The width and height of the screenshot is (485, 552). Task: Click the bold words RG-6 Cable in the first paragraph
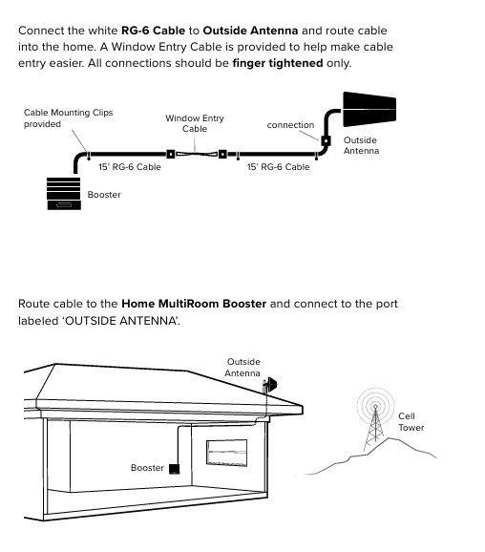[153, 31]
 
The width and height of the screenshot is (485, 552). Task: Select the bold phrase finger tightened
[278, 63]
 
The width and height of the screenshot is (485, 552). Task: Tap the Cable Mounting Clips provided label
[69, 117]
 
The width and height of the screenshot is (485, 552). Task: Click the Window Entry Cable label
[195, 123]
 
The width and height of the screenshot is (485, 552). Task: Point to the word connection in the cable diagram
[290, 125]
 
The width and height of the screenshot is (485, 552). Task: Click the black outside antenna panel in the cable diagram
[369, 109]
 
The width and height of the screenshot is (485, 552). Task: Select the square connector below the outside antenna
[326, 140]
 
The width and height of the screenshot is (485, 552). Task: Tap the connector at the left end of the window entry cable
[170, 154]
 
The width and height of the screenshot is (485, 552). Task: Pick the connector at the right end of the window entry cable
[222, 154]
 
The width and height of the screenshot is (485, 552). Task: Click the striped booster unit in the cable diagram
[64, 193]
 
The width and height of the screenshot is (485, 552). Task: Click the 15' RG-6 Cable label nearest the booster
[130, 167]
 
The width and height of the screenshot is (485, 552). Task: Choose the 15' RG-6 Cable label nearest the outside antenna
[278, 167]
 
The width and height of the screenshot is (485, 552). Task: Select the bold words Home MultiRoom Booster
[194, 304]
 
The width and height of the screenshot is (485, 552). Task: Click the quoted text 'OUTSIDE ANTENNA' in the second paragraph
[120, 321]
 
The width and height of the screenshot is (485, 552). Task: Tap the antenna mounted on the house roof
[269, 385]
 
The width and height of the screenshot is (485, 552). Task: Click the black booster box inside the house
[174, 469]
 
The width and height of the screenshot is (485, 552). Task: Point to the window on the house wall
[226, 453]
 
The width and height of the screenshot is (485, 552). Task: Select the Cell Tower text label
[411, 422]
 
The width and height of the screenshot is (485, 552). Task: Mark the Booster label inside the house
[147, 468]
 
